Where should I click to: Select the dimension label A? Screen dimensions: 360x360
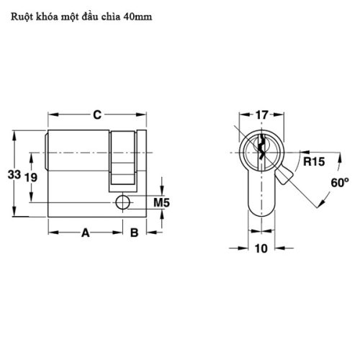coord(84,233)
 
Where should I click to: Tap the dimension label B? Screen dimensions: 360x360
coord(133,233)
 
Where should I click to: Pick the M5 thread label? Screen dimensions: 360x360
coord(162,204)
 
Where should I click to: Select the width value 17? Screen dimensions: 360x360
coord(261,114)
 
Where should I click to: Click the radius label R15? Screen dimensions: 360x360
coord(312,162)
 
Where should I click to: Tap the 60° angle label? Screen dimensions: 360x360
coord(340,182)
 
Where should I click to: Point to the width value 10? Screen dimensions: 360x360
coord(261,249)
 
